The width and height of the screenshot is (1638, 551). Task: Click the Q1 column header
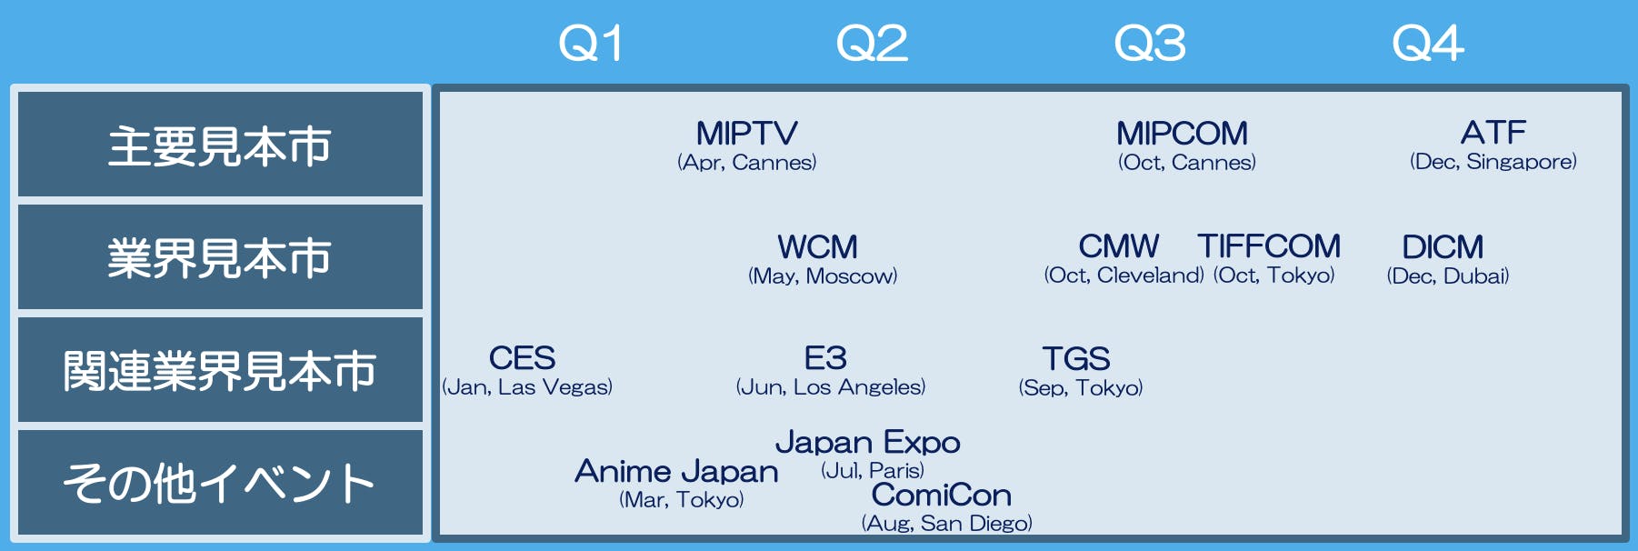click(x=591, y=44)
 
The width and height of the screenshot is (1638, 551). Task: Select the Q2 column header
click(x=872, y=44)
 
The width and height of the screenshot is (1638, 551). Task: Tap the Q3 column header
click(x=1150, y=44)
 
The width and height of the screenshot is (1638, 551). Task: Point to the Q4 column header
click(x=1428, y=44)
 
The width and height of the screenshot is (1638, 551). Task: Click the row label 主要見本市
click(x=220, y=145)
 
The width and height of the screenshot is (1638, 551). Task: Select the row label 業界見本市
click(x=220, y=258)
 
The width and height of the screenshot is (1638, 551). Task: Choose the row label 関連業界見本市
click(x=220, y=371)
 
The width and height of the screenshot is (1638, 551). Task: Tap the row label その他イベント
click(x=220, y=483)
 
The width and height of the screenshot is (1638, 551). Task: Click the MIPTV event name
click(x=747, y=134)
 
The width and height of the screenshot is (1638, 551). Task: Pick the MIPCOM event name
click(x=1183, y=134)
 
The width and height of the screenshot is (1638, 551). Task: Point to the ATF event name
click(x=1493, y=133)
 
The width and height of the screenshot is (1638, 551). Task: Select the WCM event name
click(x=818, y=247)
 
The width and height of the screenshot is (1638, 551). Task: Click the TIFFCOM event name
click(x=1269, y=246)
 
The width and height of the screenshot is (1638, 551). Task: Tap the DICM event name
click(x=1443, y=247)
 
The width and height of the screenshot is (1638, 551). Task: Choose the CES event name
click(x=523, y=358)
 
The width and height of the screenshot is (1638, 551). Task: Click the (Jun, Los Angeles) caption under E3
click(x=831, y=387)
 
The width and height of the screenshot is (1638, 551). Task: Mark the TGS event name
click(x=1076, y=359)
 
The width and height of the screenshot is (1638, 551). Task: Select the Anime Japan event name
click(x=677, y=471)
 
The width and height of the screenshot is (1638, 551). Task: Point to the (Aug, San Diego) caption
click(x=947, y=524)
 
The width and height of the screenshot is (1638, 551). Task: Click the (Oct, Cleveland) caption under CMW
click(x=1124, y=275)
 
